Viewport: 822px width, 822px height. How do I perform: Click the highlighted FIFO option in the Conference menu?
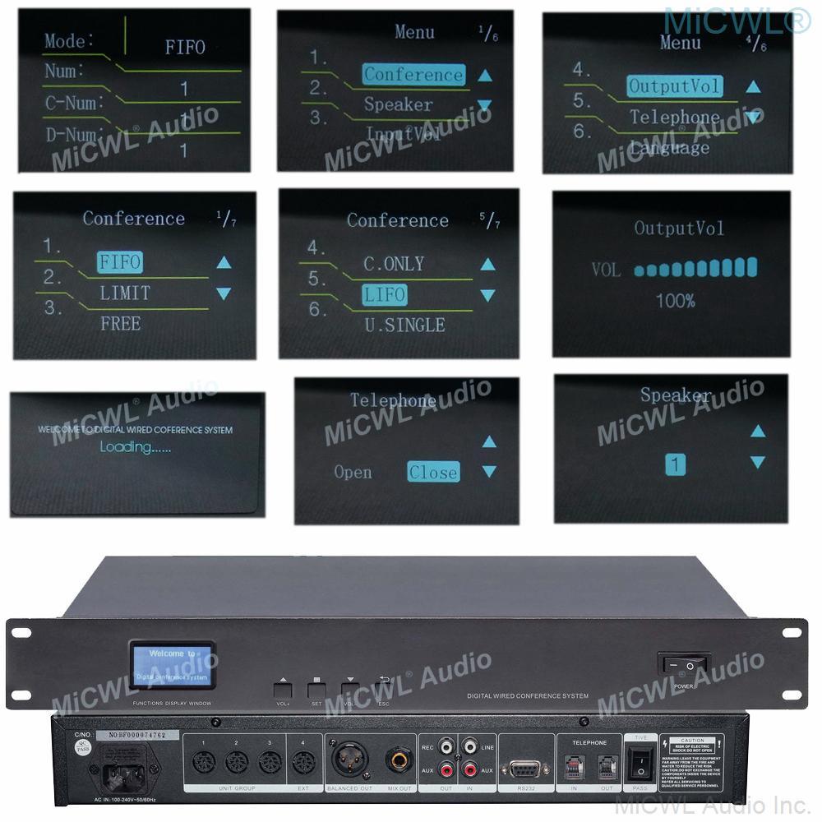click(x=119, y=262)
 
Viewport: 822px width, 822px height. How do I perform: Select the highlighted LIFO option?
click(x=386, y=294)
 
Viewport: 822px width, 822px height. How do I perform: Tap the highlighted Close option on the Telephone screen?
click(x=432, y=473)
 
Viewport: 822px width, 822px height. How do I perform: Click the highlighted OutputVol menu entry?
click(x=674, y=85)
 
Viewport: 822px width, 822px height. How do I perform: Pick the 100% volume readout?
click(x=676, y=301)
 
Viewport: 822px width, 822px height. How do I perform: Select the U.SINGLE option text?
click(x=404, y=325)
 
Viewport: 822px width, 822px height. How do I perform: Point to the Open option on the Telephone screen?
click(x=353, y=473)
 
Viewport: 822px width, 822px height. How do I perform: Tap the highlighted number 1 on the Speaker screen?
click(x=675, y=465)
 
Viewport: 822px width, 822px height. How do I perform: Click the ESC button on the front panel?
click(x=384, y=689)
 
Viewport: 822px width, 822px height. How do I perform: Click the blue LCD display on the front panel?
click(x=172, y=665)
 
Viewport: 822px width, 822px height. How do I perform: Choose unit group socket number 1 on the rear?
click(x=203, y=762)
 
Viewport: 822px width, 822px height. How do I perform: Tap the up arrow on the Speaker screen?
click(x=758, y=431)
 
